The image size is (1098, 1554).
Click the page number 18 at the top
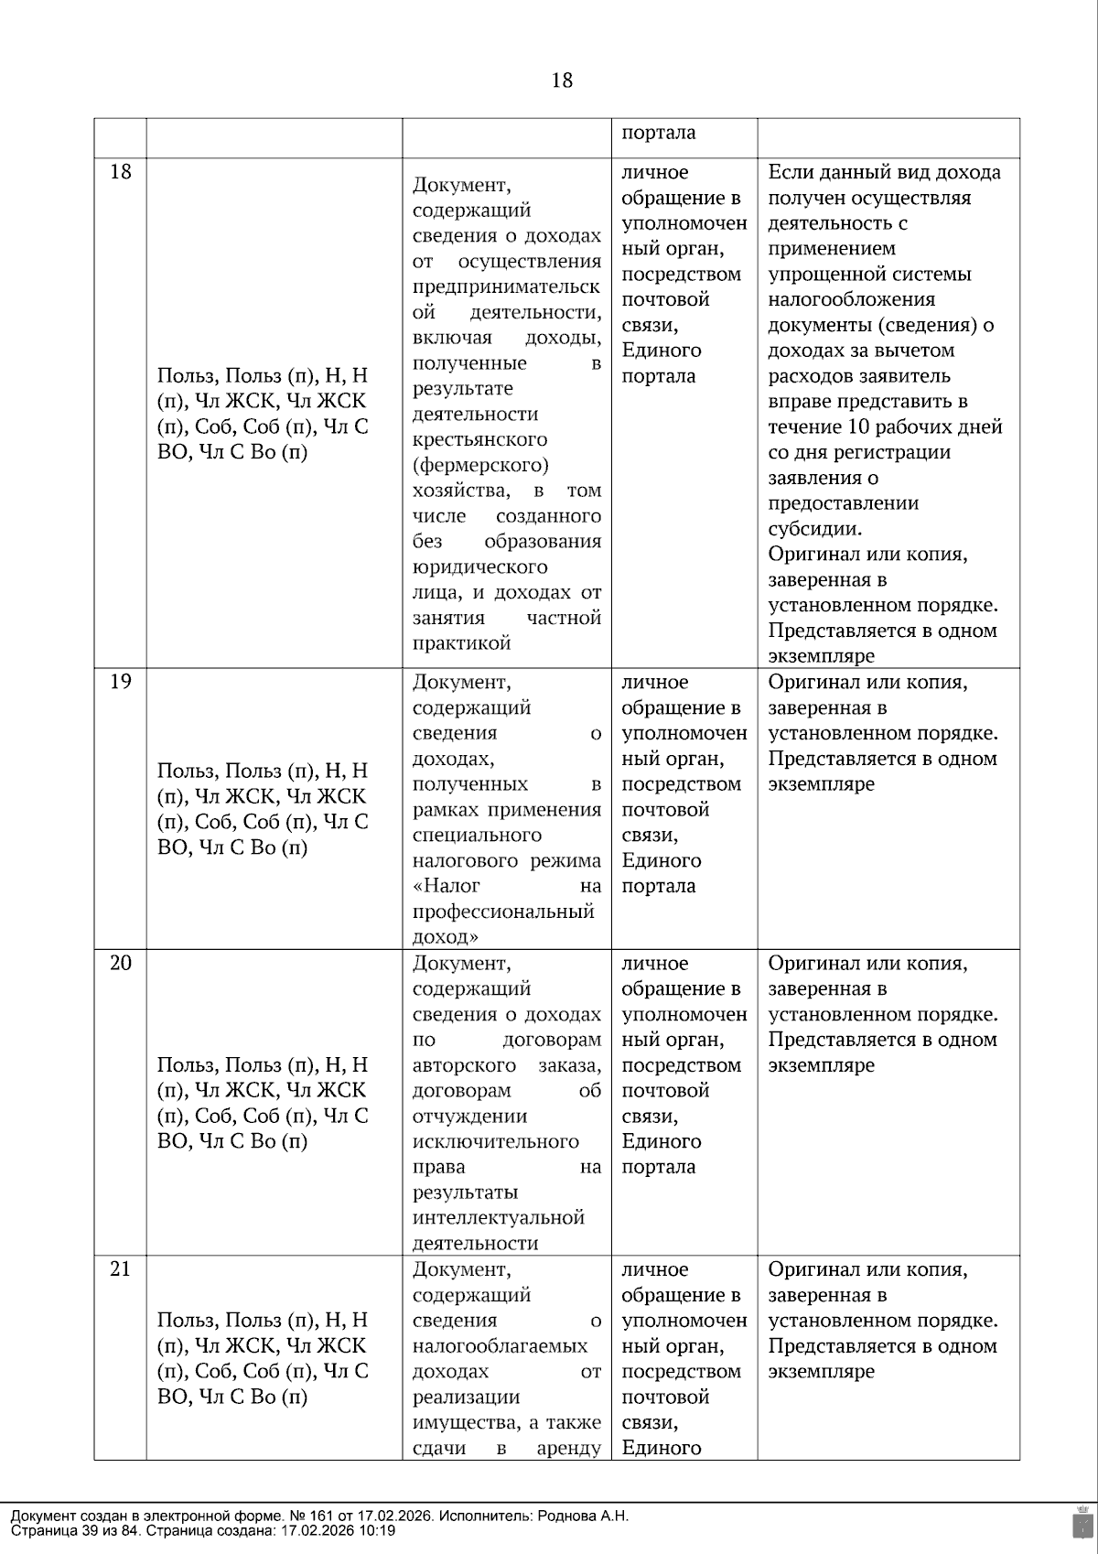point(562,81)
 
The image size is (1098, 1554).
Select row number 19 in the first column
point(121,682)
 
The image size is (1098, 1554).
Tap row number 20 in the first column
point(121,963)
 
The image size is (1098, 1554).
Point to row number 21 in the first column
point(121,1269)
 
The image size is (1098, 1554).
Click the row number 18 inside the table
point(121,172)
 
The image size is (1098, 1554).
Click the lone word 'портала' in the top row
point(659,133)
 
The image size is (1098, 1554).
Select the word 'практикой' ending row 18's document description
point(461,643)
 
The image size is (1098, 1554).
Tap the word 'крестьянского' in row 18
point(479,439)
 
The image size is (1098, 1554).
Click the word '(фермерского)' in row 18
point(480,465)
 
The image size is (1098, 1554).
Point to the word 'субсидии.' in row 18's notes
point(814,529)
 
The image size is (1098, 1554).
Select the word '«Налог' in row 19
point(446,886)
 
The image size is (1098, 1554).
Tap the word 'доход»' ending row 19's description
point(446,937)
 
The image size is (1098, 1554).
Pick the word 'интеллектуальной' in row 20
point(498,1218)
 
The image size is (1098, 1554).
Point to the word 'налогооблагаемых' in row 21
point(500,1346)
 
